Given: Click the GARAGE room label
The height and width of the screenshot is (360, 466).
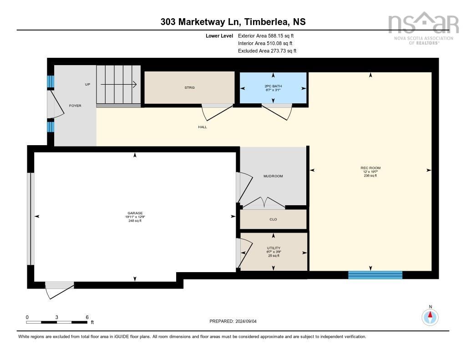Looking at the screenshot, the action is (135, 213).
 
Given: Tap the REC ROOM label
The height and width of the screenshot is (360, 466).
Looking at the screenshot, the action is (370, 168).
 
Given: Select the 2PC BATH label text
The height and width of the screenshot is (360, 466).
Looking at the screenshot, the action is (273, 86).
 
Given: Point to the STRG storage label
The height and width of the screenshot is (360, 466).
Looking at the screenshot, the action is (189, 88).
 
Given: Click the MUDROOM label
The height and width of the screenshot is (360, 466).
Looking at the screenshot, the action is (273, 176).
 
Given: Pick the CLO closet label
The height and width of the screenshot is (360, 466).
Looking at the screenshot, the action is (273, 219).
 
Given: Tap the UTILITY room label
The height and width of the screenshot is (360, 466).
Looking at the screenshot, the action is (274, 248).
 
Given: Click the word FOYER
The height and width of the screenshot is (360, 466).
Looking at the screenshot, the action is (75, 106).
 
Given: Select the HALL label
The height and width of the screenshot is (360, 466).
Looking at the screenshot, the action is (203, 127).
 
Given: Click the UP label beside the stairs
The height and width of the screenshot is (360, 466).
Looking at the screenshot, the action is (87, 85).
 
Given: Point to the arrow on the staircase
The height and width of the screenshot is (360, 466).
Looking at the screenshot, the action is (118, 85).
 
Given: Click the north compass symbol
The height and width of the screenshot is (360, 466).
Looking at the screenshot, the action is (430, 317).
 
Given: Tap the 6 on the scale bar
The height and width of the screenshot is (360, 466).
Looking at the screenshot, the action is (87, 317).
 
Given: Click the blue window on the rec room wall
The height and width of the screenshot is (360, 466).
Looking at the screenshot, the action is (375, 275).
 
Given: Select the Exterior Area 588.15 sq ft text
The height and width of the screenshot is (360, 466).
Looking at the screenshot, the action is (266, 35).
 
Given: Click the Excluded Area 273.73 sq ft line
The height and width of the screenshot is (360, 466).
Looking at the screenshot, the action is (267, 51).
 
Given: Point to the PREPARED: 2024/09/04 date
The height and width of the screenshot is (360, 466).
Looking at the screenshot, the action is (233, 321).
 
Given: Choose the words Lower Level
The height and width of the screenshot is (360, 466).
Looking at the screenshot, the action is (219, 35).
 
